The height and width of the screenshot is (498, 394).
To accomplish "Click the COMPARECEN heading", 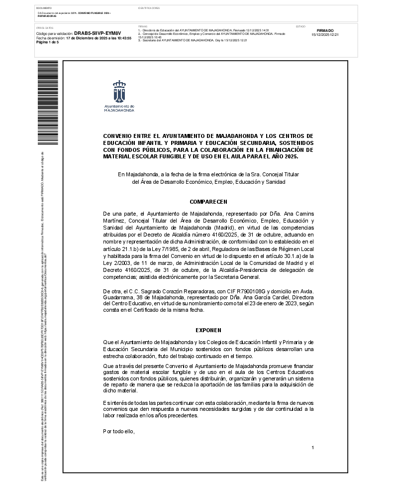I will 208,202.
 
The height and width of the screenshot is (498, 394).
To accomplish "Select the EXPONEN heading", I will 208,330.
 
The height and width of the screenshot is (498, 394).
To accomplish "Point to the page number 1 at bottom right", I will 312,448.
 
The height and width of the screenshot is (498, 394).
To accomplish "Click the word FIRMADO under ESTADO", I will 325,31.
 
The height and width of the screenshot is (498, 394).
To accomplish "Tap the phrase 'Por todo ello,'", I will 119,431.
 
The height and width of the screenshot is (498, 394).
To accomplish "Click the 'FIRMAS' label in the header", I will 142,26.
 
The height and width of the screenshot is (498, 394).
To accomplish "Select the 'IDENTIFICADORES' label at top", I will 149,8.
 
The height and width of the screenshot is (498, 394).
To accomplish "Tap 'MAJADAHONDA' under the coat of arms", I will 119,110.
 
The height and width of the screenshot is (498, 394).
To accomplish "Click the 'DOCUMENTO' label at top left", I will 44,8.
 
